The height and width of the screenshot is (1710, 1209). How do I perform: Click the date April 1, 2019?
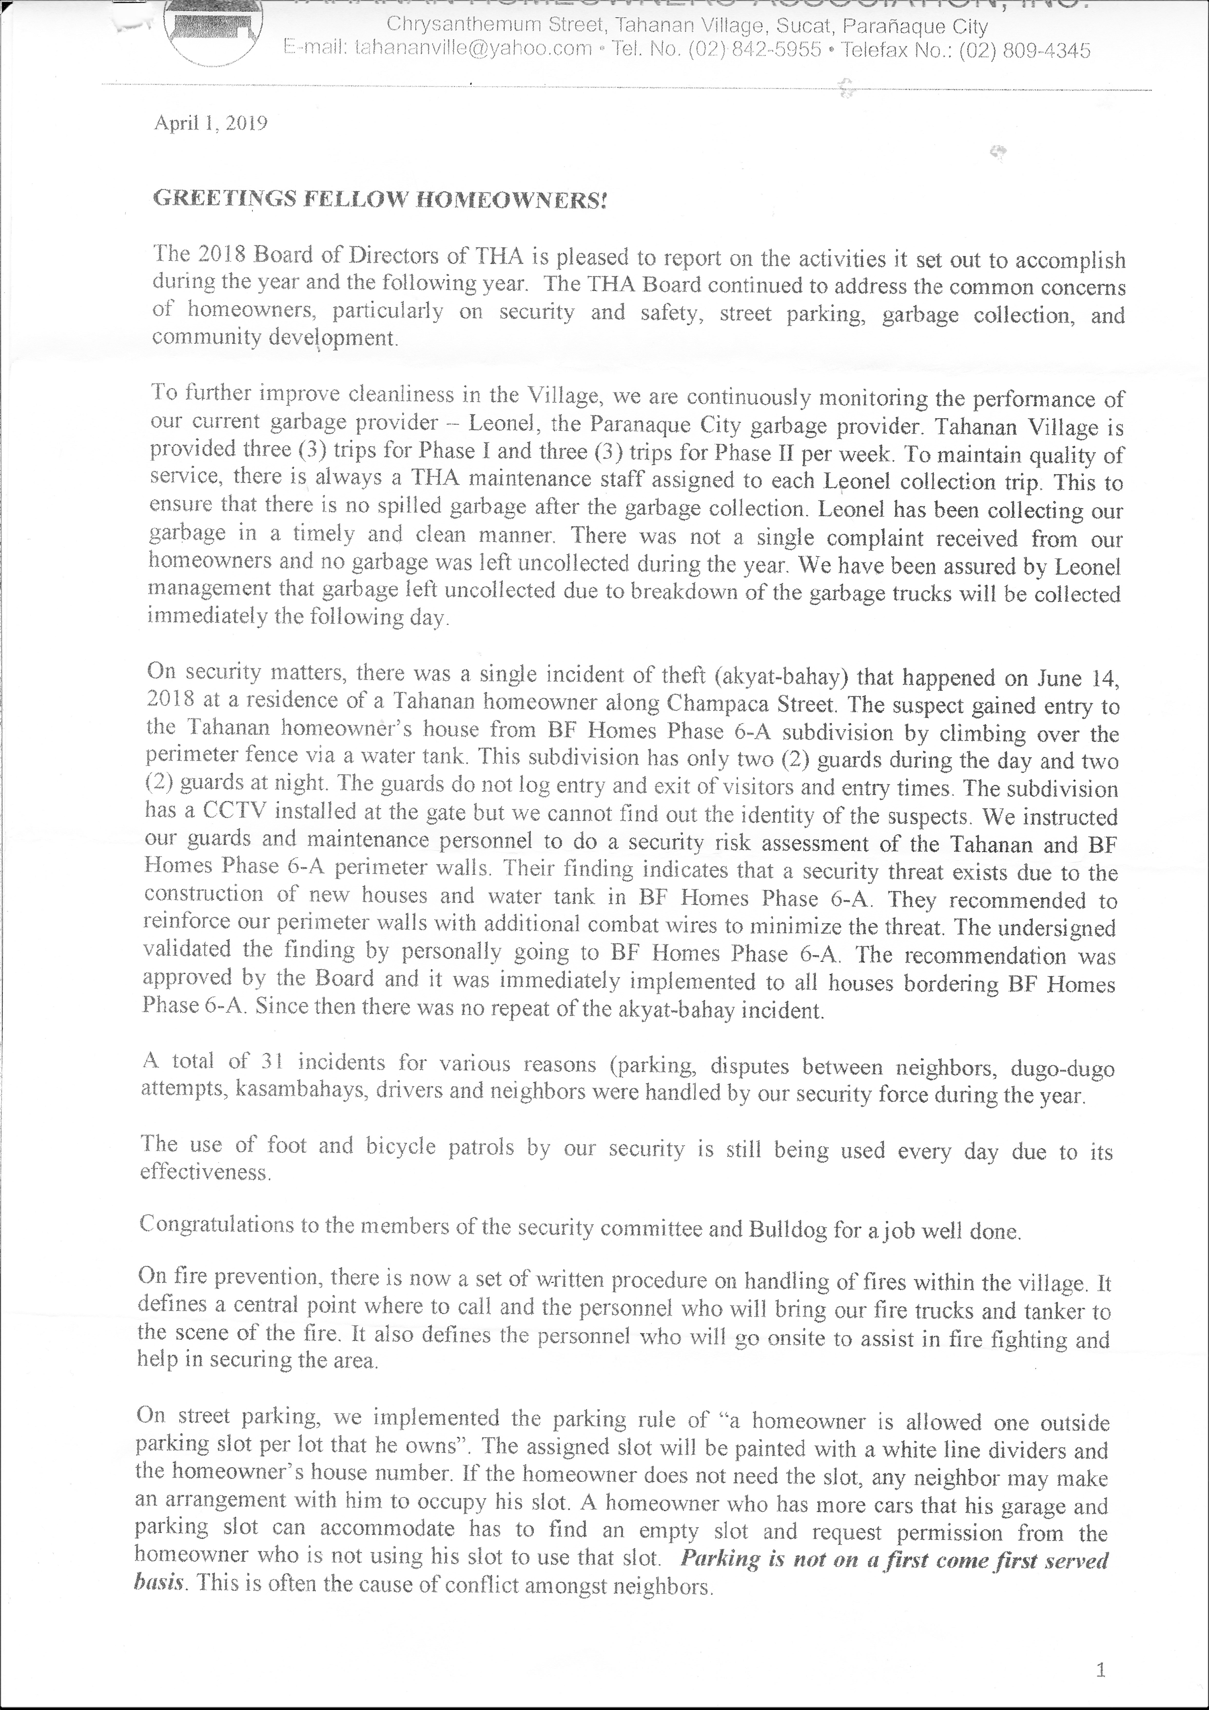pos(211,123)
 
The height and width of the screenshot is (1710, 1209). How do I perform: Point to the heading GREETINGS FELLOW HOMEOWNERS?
pos(380,200)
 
